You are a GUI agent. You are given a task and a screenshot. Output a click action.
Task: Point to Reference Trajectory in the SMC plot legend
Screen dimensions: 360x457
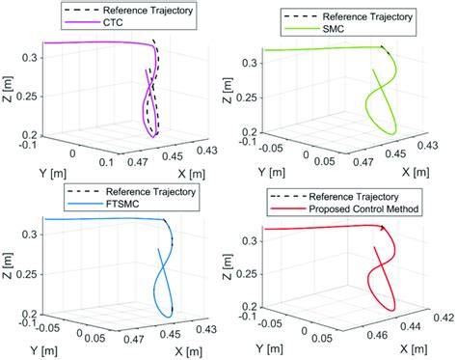(x=365, y=15)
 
